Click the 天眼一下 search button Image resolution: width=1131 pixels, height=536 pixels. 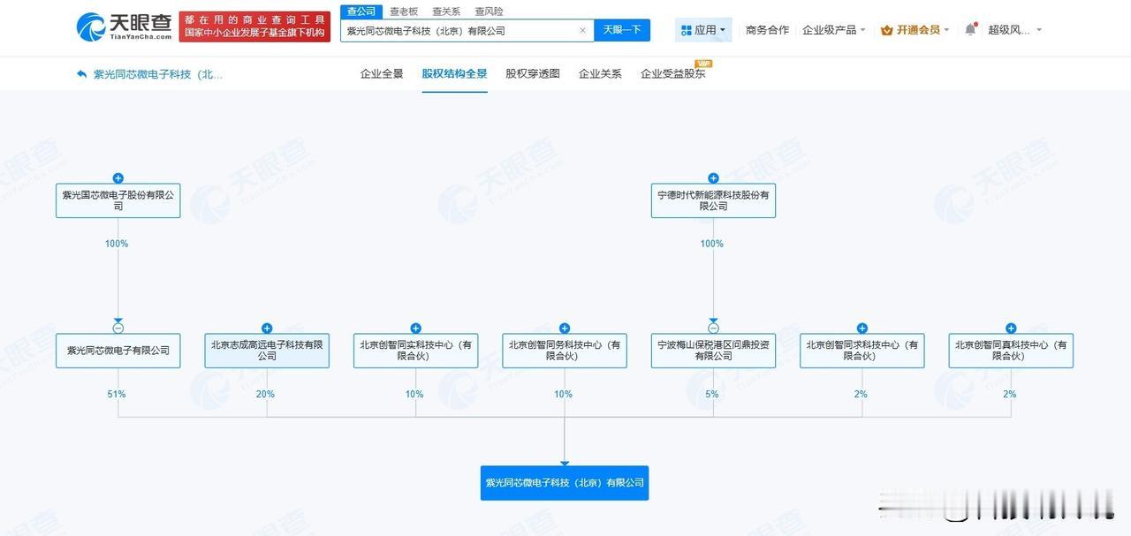click(622, 30)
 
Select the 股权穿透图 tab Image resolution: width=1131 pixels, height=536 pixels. click(532, 73)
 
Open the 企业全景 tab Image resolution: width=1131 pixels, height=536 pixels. click(382, 73)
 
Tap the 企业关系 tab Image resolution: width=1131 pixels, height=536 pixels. click(600, 73)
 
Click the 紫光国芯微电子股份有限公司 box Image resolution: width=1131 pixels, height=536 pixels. click(118, 200)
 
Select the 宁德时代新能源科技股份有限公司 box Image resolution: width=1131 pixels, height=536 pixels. click(713, 200)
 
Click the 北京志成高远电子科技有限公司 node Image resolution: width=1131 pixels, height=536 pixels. click(267, 351)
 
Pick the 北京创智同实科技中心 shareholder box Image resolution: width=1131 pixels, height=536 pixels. click(415, 351)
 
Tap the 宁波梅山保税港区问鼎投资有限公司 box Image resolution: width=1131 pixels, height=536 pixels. click(713, 351)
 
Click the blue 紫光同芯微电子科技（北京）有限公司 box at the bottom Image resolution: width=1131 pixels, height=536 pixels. click(565, 483)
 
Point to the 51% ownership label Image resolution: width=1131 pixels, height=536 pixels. click(117, 394)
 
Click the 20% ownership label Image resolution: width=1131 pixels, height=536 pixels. click(265, 394)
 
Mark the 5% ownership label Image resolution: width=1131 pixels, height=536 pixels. click(712, 394)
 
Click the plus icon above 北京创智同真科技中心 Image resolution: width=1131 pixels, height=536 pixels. click(1011, 328)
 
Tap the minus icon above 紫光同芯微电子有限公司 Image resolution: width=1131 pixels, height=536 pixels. click(118, 328)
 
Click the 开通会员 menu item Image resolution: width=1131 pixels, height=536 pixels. click(915, 30)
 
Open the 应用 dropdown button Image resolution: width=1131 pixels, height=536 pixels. click(703, 30)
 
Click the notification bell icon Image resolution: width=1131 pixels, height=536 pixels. click(970, 29)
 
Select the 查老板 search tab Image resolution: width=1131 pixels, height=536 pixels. click(404, 11)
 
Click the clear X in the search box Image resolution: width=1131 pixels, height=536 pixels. click(582, 30)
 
